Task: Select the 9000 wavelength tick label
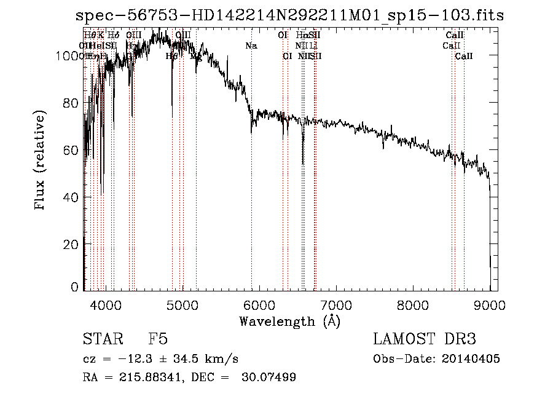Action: click(x=490, y=304)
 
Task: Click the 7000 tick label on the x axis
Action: click(x=336, y=304)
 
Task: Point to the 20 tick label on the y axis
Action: click(x=71, y=244)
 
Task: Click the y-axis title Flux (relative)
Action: click(x=41, y=161)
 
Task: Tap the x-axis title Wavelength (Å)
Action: click(x=289, y=321)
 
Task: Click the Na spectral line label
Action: click(x=251, y=45)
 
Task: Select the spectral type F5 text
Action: click(x=158, y=339)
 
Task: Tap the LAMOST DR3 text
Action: click(x=425, y=339)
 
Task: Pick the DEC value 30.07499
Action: click(x=273, y=377)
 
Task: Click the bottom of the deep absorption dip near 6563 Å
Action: click(x=303, y=164)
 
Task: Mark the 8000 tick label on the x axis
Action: click(x=413, y=304)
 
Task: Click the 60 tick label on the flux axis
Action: click(x=71, y=150)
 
